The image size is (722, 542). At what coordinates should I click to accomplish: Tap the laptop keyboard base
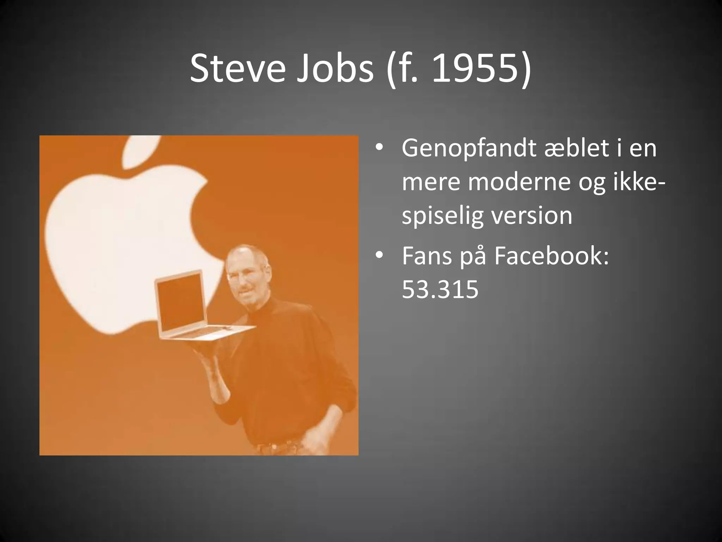[x=208, y=333]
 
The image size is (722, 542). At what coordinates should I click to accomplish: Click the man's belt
[x=279, y=447]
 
